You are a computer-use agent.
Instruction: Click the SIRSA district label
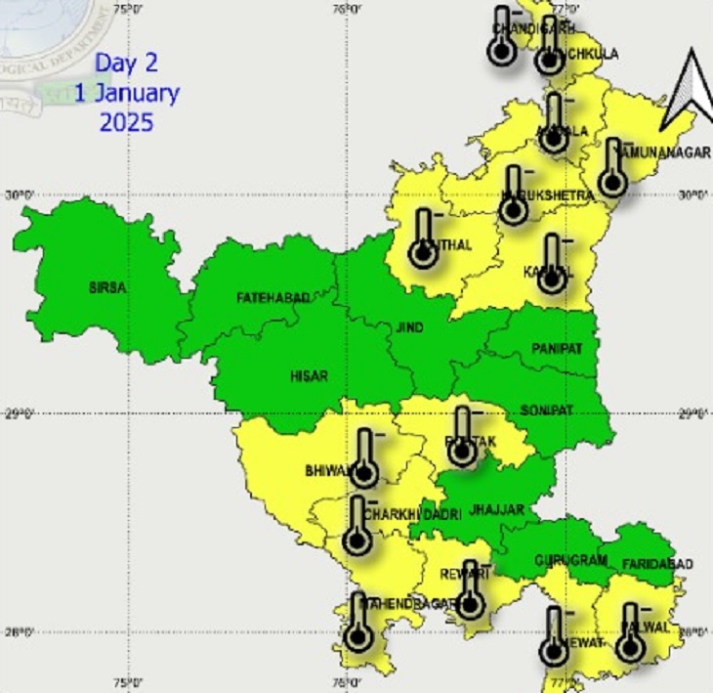point(108,287)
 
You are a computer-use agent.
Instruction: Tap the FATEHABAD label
point(273,296)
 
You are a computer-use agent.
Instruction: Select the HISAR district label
point(309,375)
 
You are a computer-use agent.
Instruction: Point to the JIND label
point(409,328)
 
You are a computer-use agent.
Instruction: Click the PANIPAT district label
point(557,349)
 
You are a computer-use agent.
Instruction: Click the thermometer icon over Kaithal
point(423,238)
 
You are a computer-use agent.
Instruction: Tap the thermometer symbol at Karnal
point(553,264)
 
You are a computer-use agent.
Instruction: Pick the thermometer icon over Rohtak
point(464,438)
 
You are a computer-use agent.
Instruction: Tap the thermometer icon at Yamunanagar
point(613,168)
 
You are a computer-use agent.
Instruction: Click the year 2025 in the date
point(126,122)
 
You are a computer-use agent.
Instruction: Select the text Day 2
point(126,65)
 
